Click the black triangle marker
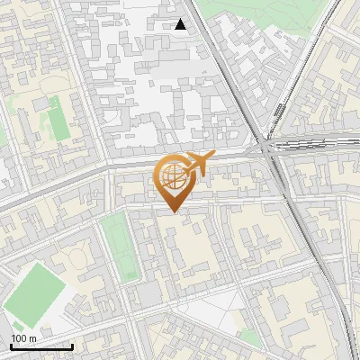pyautogui.click(x=181, y=24)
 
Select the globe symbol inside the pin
pyautogui.click(x=172, y=176)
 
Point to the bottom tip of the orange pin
pyautogui.click(x=172, y=211)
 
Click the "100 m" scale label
pyautogui.click(x=23, y=338)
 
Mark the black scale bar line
pyautogui.click(x=40, y=346)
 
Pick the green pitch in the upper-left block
pyautogui.click(x=58, y=125)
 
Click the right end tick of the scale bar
pyautogui.click(x=72, y=346)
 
